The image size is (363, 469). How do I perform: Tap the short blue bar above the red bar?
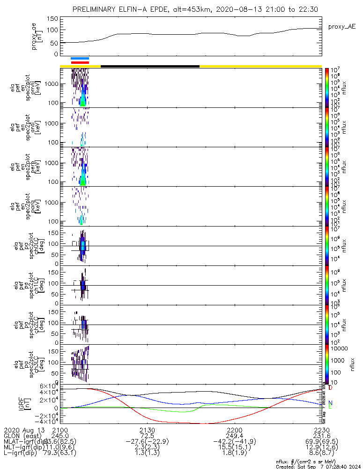(80, 58)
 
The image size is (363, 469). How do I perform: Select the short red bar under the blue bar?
(80, 62)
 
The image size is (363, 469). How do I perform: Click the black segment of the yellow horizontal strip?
(150, 66)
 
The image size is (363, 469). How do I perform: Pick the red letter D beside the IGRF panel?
(331, 388)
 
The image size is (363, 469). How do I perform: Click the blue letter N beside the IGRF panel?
(331, 403)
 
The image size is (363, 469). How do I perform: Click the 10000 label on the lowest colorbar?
(339, 348)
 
